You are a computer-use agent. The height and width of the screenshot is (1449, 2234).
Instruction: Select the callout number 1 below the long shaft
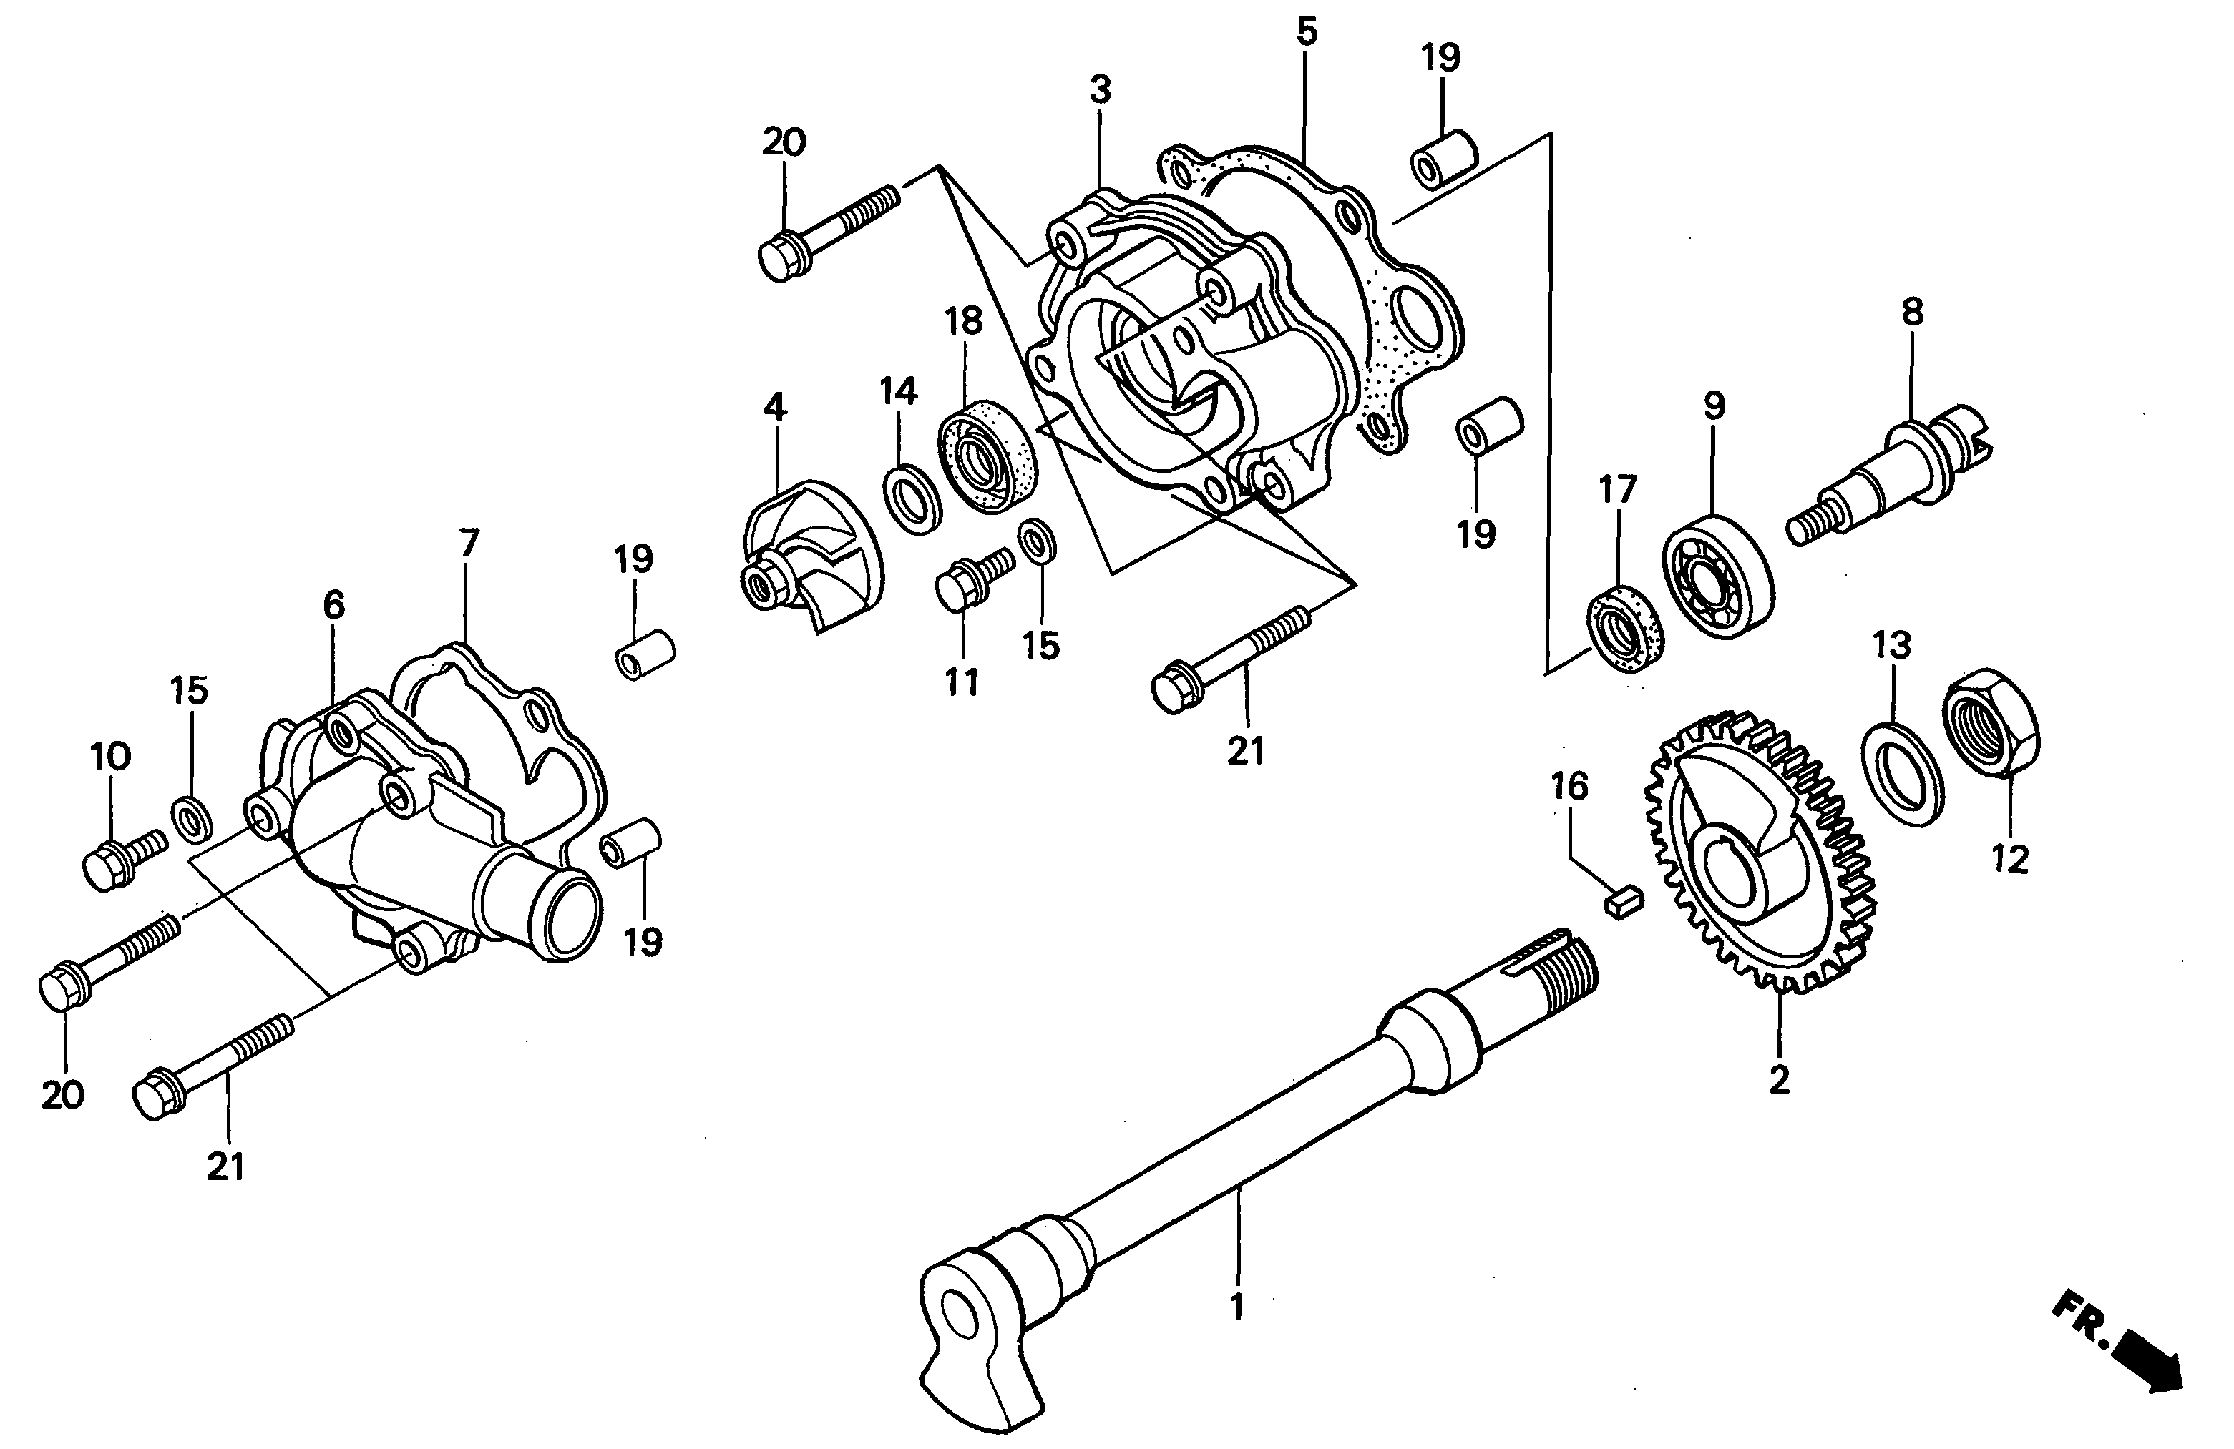pos(1236,1307)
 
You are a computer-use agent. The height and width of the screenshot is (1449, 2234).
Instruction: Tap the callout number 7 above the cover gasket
pos(469,542)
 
